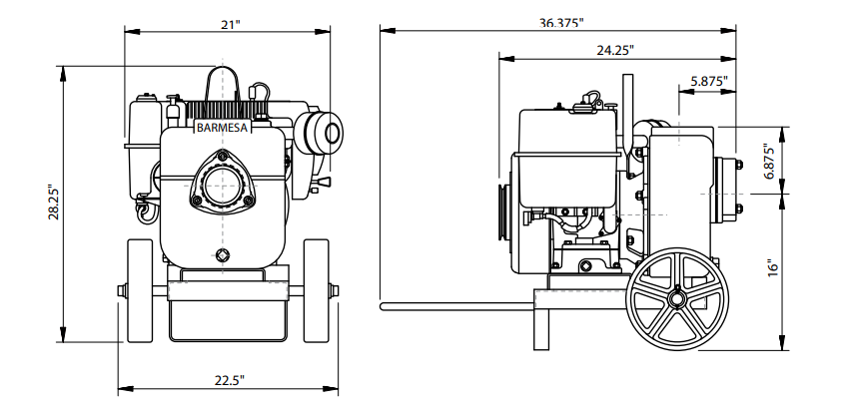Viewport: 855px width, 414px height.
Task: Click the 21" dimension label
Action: click(x=230, y=25)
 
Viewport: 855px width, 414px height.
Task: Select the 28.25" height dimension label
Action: click(x=54, y=203)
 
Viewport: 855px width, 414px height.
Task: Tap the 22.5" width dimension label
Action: click(x=229, y=380)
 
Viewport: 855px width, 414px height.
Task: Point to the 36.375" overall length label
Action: click(x=561, y=23)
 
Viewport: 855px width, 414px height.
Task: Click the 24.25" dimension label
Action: click(x=615, y=50)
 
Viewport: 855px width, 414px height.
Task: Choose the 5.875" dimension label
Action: click(x=709, y=81)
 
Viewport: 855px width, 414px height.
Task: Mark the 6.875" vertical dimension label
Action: click(x=769, y=162)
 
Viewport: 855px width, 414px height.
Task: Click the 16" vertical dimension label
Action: click(x=773, y=268)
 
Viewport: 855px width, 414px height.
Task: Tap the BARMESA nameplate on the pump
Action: click(x=222, y=128)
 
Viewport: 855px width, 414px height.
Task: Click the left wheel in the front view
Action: click(x=140, y=291)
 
